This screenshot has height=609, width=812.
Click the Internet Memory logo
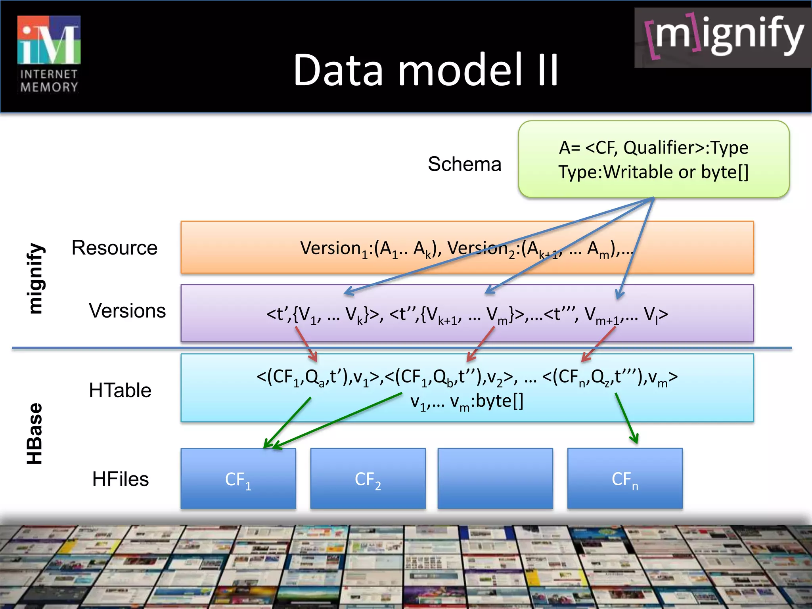click(49, 54)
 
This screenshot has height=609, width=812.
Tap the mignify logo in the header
click(723, 38)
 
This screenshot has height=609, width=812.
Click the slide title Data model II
click(426, 70)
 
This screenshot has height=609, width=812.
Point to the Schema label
click(464, 164)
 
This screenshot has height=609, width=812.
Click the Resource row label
click(114, 248)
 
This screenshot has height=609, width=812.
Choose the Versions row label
click(127, 310)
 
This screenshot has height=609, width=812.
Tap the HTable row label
click(120, 390)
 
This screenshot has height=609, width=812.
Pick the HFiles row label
click(120, 479)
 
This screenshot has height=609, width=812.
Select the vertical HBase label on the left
click(35, 434)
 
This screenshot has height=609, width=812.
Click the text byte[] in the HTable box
click(500, 401)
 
